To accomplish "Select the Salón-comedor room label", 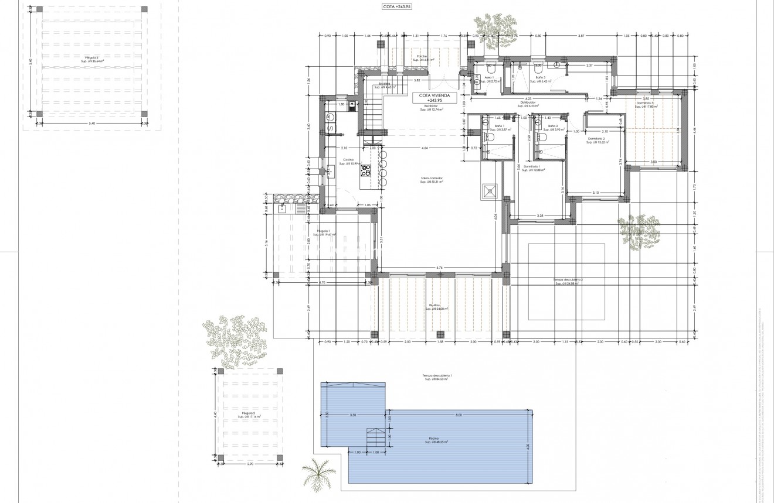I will pos(431,180).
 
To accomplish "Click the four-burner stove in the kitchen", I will pos(366,170).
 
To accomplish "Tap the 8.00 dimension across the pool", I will pos(459,415).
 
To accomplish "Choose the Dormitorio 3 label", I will pos(645,104).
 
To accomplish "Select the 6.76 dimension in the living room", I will pos(439,268).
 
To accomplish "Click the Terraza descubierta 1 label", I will pos(436,377).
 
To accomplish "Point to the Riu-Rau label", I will pos(434,307).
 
